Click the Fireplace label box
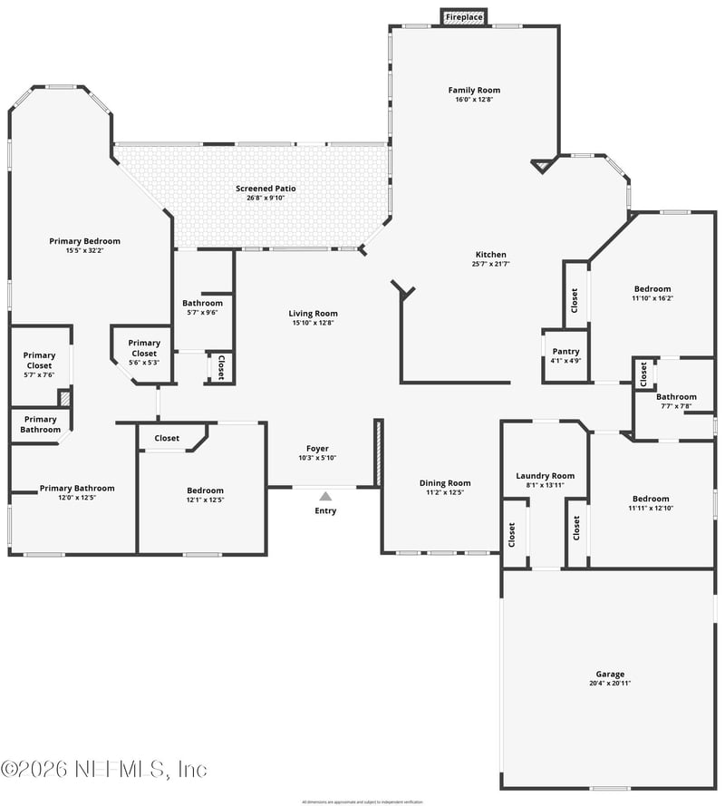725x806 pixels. [464, 17]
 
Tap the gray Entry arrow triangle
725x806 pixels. [325, 496]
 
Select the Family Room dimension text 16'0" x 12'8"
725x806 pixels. [474, 100]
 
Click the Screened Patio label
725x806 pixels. [266, 189]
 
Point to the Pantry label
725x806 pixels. [565, 352]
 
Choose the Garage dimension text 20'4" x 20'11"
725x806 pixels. [610, 684]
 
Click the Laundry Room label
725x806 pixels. [546, 476]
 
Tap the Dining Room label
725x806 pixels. [445, 483]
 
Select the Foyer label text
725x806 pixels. [317, 449]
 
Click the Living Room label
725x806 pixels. [314, 314]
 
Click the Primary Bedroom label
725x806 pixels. [84, 241]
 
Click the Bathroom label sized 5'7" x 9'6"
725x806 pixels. [202, 304]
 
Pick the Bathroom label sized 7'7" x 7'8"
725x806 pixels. [676, 397]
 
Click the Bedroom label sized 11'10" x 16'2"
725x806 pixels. [652, 289]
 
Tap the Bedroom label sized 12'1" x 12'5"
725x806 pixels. [205, 490]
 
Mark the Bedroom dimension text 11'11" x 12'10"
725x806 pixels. [651, 508]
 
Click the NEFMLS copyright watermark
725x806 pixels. [104, 769]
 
